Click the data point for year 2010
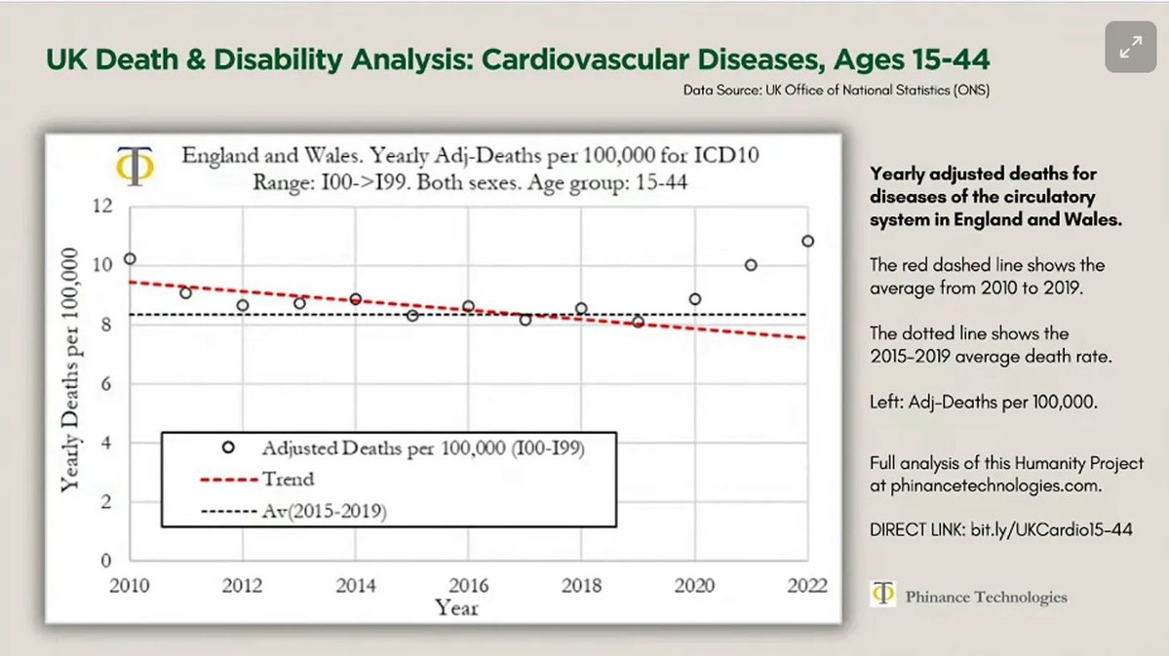[x=130, y=259]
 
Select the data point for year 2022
[x=807, y=241]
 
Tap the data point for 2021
[x=751, y=265]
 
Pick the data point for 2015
[x=412, y=315]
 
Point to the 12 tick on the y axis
[x=102, y=207]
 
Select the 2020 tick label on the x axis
[x=694, y=585]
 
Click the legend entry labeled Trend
[x=288, y=480]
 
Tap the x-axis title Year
[x=457, y=608]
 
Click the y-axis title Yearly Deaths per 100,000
[x=70, y=370]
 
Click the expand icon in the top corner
[x=1130, y=47]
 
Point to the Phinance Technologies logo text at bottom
[x=985, y=598]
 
